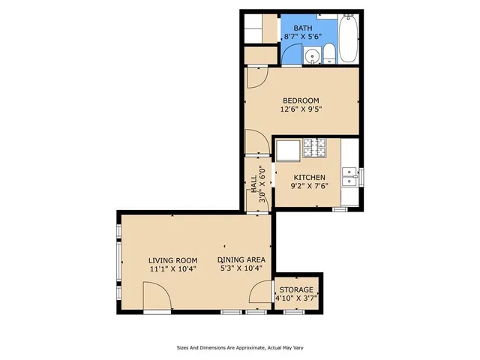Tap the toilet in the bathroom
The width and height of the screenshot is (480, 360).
coord(328,53)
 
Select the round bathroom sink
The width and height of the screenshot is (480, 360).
coord(311,55)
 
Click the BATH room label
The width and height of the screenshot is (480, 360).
coord(302,28)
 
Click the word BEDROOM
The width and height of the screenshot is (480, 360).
coord(301,100)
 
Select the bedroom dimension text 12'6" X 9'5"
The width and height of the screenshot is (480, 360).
coord(301,109)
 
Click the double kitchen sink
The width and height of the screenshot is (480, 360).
coord(349,177)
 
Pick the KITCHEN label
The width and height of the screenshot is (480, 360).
coord(308,178)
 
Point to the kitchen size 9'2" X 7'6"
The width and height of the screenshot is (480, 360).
coord(308,187)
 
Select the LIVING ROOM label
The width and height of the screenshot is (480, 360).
coord(172,260)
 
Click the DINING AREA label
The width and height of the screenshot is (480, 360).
coord(241,260)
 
